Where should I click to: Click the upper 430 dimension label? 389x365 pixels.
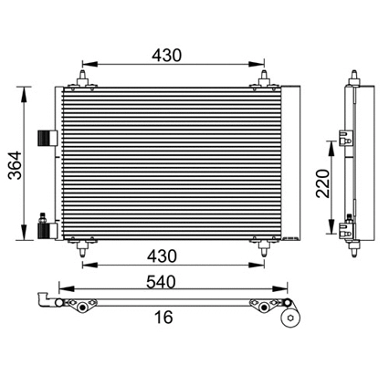(168, 55)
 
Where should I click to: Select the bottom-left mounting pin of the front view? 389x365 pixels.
(83, 245)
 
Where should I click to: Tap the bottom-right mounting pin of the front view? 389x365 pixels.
(265, 245)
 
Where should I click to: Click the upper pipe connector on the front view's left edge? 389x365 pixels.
(43, 137)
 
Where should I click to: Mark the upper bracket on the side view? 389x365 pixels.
(346, 137)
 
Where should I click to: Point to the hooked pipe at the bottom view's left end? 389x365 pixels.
(41, 300)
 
